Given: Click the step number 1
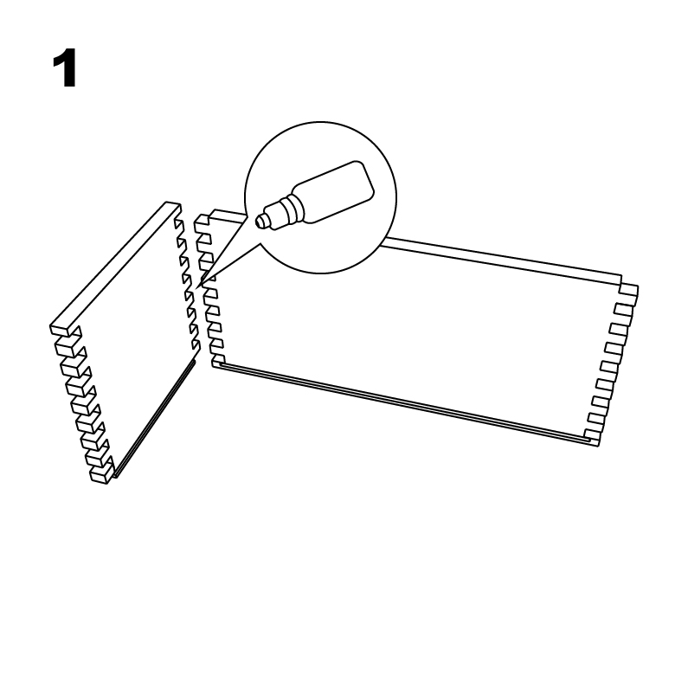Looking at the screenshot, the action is point(65,68).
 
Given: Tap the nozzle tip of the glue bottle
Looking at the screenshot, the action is point(260,221).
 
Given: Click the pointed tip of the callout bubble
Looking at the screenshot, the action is point(197,288).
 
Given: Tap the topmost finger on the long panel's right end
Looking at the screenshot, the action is point(629,291).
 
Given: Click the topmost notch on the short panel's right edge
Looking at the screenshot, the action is point(178,224).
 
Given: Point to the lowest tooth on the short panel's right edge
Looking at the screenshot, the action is point(196,347).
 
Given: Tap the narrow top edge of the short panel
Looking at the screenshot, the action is point(115,267).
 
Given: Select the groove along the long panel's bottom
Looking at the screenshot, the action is point(403,402).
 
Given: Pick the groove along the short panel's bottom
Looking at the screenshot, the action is point(153,418).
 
